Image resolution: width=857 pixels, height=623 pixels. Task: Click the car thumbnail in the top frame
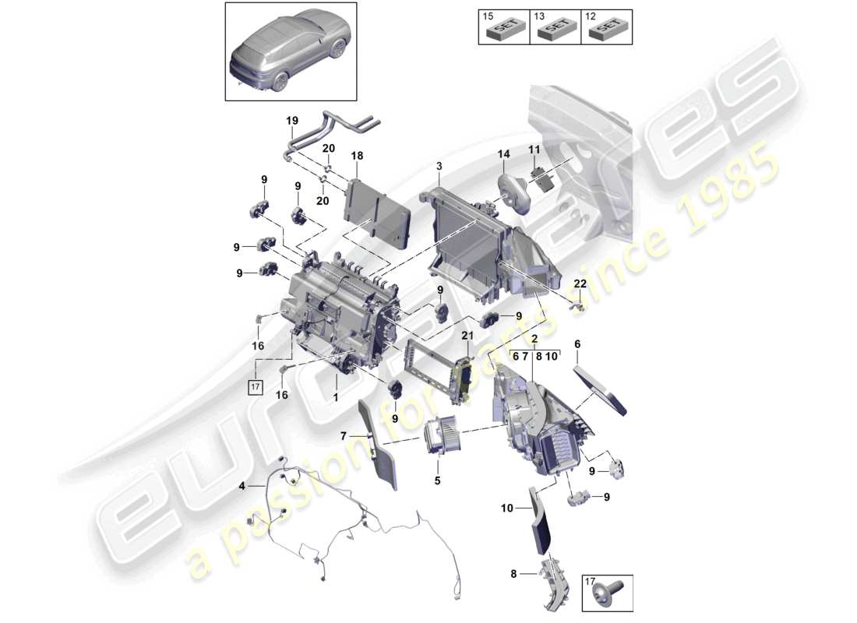tap(291, 51)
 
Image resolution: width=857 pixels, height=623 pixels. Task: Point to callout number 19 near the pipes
tap(292, 121)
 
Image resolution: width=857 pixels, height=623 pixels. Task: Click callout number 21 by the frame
tap(467, 335)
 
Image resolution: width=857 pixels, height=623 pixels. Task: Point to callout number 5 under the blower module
tap(437, 480)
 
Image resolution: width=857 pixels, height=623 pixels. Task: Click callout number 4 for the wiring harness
tap(242, 487)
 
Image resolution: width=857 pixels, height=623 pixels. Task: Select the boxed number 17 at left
tap(255, 385)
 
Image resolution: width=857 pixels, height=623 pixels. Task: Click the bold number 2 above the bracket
tap(534, 340)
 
